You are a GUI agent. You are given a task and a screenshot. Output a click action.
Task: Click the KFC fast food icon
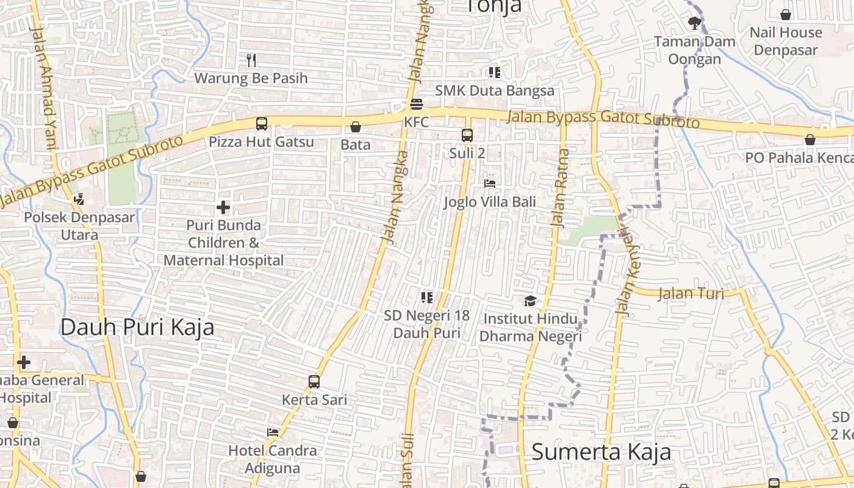[417, 104]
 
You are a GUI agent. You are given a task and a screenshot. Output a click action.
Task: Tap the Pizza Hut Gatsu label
[261, 142]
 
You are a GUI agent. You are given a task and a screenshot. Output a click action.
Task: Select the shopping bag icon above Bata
[356, 127]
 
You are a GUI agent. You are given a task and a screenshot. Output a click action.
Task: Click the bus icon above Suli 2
[467, 135]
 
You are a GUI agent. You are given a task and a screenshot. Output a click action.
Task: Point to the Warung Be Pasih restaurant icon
[251, 60]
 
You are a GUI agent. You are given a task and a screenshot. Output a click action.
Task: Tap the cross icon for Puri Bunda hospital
[223, 207]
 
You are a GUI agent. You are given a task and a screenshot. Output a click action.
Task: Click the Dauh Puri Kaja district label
[137, 328]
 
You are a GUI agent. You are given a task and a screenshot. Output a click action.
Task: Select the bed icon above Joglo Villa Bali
[490, 183]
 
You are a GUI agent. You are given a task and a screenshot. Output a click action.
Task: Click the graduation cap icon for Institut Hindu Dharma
[530, 301]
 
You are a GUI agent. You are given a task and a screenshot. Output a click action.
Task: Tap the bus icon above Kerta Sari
[314, 382]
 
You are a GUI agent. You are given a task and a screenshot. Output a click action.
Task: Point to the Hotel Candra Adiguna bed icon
[273, 432]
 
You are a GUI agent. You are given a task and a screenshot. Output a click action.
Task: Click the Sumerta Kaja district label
[601, 452]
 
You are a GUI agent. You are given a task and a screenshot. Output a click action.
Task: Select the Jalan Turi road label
[691, 293]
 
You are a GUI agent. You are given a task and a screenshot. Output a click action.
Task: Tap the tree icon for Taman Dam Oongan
[694, 24]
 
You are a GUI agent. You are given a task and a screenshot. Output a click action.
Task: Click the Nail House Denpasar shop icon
[786, 14]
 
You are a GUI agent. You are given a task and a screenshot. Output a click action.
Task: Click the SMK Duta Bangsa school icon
[495, 73]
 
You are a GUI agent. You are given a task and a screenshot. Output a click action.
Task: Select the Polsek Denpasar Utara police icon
[79, 198]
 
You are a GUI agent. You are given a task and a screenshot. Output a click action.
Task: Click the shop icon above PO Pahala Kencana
[809, 140]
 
